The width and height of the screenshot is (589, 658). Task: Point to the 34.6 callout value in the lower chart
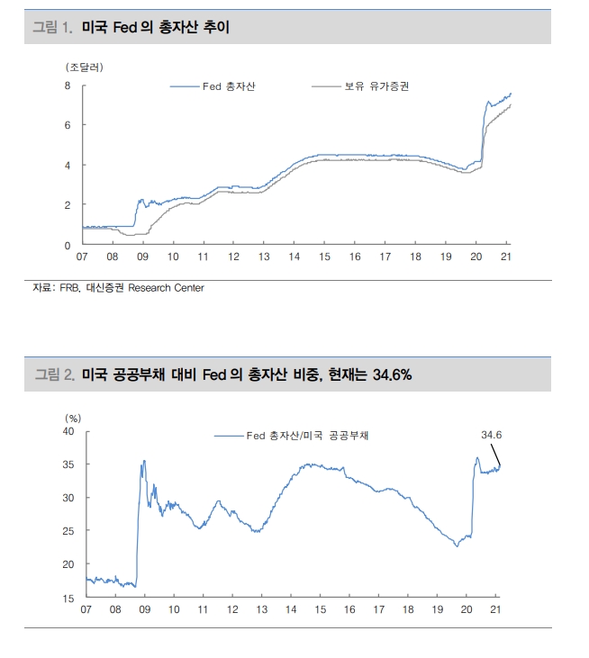point(491,435)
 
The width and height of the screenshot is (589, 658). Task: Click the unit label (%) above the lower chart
point(74,418)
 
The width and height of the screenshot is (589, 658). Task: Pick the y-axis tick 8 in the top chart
point(68,86)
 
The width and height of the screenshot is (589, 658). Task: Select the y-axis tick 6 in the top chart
point(68,125)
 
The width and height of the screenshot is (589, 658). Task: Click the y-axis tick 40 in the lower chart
point(69,431)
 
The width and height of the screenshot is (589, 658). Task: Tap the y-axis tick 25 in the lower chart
point(69,531)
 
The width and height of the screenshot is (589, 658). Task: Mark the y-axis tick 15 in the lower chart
point(69,598)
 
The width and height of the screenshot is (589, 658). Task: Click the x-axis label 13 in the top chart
point(263,257)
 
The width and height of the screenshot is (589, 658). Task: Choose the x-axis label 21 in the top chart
point(505,257)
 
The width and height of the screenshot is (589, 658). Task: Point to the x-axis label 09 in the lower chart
point(144,609)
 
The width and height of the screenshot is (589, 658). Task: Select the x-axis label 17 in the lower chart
point(378,609)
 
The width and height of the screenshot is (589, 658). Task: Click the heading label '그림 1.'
point(52,28)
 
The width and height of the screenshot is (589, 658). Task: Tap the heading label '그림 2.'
point(53,374)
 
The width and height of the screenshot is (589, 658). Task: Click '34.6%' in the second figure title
point(389,374)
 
